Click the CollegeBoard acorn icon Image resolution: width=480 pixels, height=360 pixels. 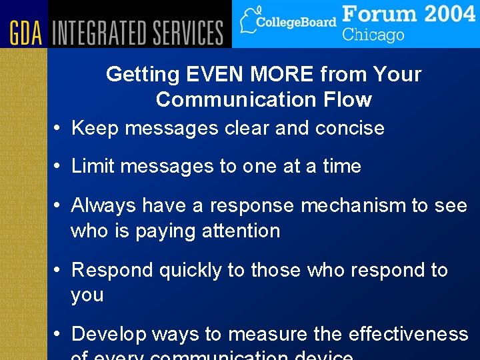click(249, 20)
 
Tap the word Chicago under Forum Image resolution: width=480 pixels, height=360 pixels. click(373, 35)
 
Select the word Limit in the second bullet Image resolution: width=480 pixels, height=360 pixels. click(91, 166)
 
